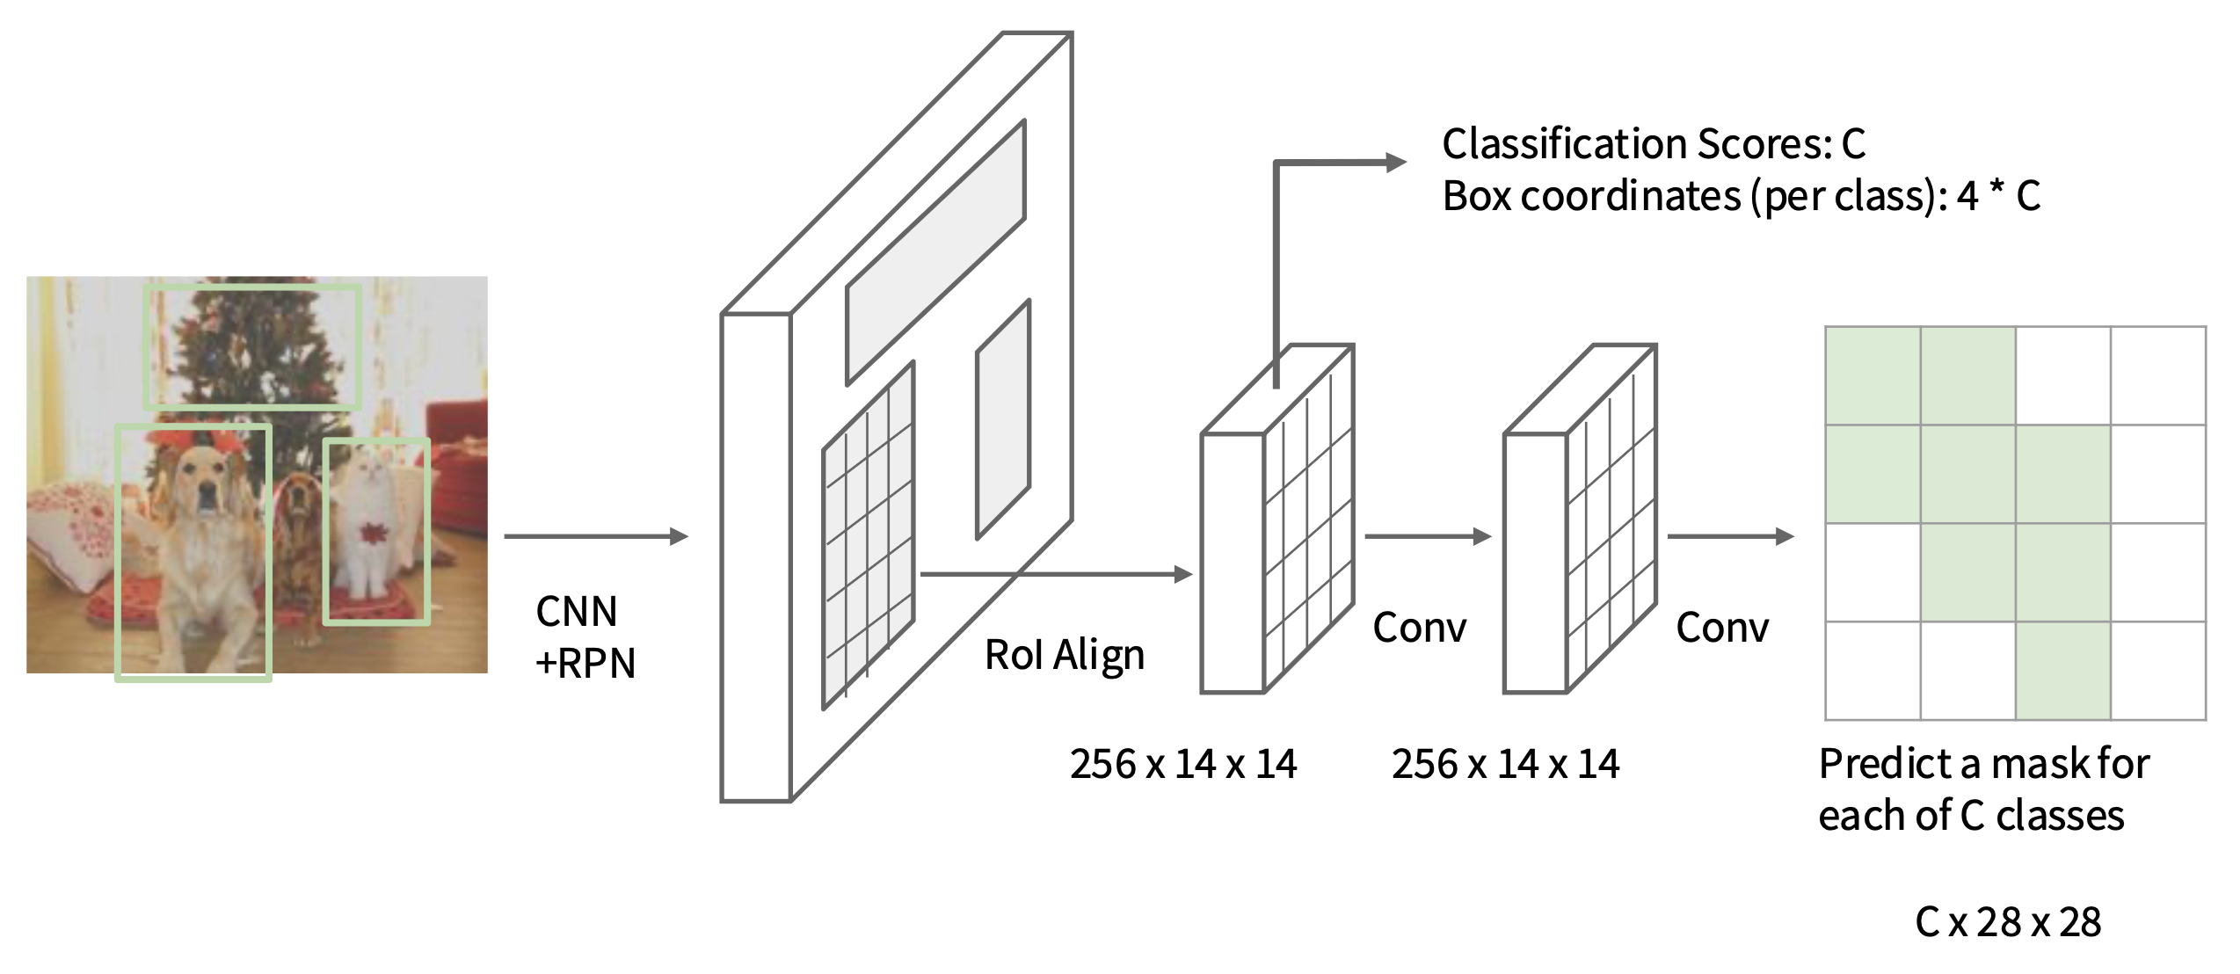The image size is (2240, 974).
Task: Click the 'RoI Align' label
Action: [x=1064, y=656]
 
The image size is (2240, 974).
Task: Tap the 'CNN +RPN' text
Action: [x=584, y=637]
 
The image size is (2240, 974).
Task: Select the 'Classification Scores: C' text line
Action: [x=1653, y=144]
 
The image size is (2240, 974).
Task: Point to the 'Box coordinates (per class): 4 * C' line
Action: [x=1741, y=196]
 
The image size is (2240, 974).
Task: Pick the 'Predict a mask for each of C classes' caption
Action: [x=1983, y=789]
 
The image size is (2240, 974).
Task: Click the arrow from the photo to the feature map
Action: [x=595, y=536]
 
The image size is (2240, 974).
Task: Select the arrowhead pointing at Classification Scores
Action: [x=1395, y=163]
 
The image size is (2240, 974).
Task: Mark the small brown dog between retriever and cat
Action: [x=299, y=527]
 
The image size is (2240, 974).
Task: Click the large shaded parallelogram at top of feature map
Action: [x=935, y=253]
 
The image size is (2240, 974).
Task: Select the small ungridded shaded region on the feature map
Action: [x=1003, y=420]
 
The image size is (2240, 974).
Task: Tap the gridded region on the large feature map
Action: [x=869, y=536]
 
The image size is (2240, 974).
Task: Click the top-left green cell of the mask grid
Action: [x=1873, y=376]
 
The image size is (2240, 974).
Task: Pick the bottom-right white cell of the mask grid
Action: [x=2158, y=671]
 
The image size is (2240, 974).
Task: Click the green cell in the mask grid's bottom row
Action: [x=2063, y=671]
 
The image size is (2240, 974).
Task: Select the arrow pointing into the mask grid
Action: [x=1729, y=536]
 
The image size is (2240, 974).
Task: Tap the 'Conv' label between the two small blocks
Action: [x=1420, y=629]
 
